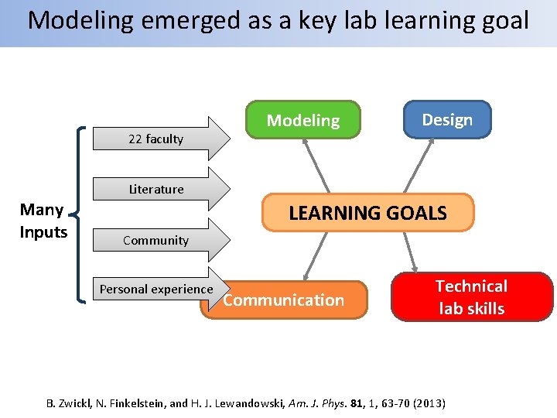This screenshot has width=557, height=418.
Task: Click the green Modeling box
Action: click(302, 120)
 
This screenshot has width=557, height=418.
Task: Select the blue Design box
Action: click(447, 119)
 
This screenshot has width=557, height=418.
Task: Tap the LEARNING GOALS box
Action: click(367, 213)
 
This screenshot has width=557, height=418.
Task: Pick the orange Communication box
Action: click(284, 300)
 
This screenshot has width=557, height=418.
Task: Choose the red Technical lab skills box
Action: click(471, 297)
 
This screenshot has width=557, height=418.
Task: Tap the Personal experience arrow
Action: click(158, 290)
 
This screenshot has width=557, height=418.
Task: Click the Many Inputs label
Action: click(43, 221)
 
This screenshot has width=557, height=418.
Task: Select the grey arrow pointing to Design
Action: click(421, 166)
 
